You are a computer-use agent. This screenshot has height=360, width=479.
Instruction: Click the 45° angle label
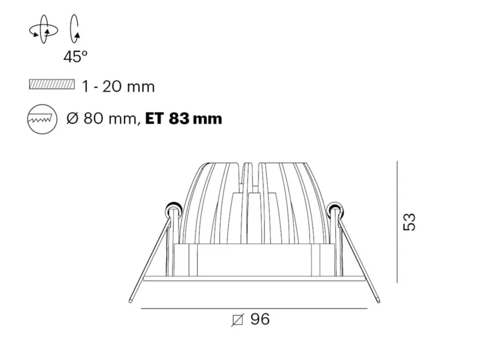coord(75,56)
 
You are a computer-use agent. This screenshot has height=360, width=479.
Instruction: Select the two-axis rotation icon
coord(43,29)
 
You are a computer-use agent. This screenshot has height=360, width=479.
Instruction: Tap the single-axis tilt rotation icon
coord(75,29)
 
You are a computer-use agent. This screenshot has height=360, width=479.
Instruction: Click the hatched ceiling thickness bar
coord(52,84)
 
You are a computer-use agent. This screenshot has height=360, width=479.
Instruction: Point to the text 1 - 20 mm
coord(119,87)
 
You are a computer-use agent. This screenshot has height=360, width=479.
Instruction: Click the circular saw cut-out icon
coord(42,119)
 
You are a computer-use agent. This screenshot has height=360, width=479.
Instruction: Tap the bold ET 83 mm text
coord(184,119)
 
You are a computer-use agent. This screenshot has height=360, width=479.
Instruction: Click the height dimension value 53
coord(410,222)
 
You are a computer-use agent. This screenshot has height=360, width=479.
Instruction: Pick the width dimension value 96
coord(260,319)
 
